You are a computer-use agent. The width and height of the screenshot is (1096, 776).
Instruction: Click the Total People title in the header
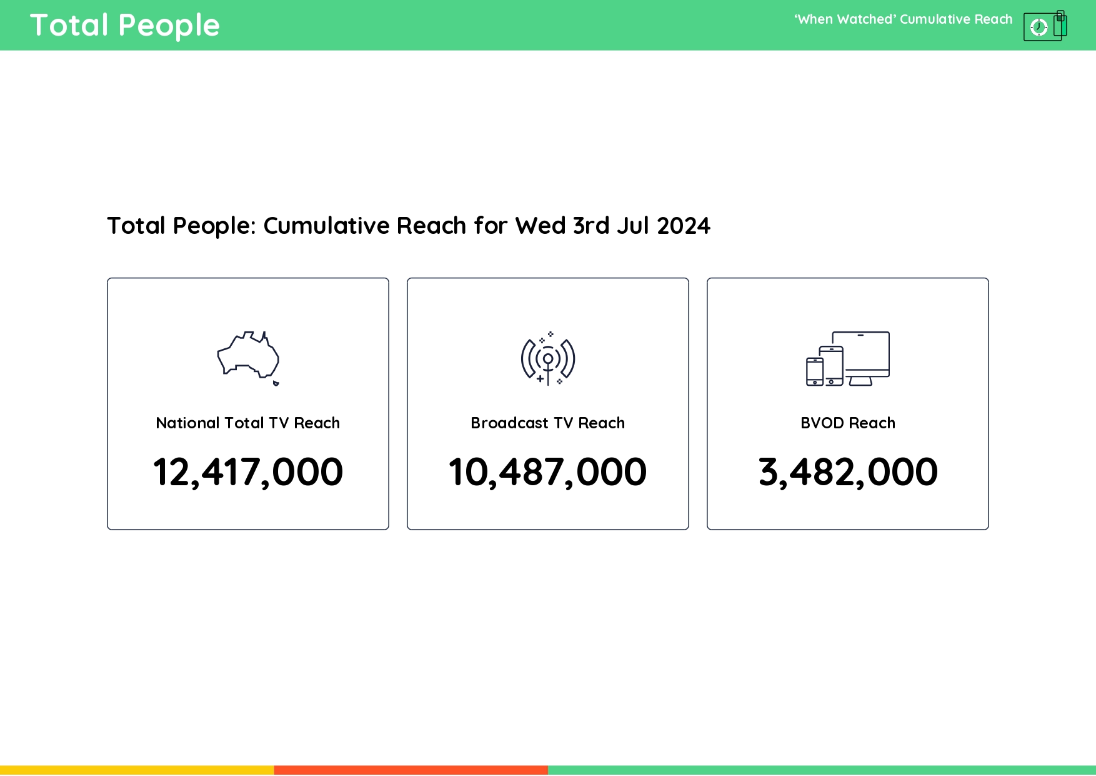click(x=125, y=26)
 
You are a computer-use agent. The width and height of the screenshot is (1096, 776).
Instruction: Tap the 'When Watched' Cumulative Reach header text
click(x=903, y=19)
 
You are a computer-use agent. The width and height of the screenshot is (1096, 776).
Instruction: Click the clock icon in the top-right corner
click(x=1039, y=27)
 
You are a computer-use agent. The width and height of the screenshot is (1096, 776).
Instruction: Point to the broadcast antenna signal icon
click(x=548, y=359)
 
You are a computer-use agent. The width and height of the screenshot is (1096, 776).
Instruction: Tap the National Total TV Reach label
click(x=248, y=423)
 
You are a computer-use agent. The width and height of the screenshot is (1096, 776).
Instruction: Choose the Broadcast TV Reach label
click(x=548, y=423)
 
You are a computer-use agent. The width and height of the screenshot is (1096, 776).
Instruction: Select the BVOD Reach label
click(x=848, y=423)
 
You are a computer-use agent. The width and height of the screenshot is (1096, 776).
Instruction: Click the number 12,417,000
click(x=248, y=472)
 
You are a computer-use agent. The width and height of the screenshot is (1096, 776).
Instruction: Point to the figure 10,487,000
click(x=548, y=472)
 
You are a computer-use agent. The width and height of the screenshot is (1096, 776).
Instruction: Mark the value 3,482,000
click(x=848, y=472)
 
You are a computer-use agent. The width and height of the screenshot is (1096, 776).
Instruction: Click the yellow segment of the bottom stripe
click(x=137, y=770)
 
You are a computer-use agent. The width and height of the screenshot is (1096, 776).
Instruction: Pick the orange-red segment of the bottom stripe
click(x=411, y=770)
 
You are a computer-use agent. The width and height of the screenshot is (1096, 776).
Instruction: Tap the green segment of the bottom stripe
click(x=822, y=770)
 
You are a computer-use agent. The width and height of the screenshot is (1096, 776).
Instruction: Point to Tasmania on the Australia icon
click(x=276, y=383)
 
